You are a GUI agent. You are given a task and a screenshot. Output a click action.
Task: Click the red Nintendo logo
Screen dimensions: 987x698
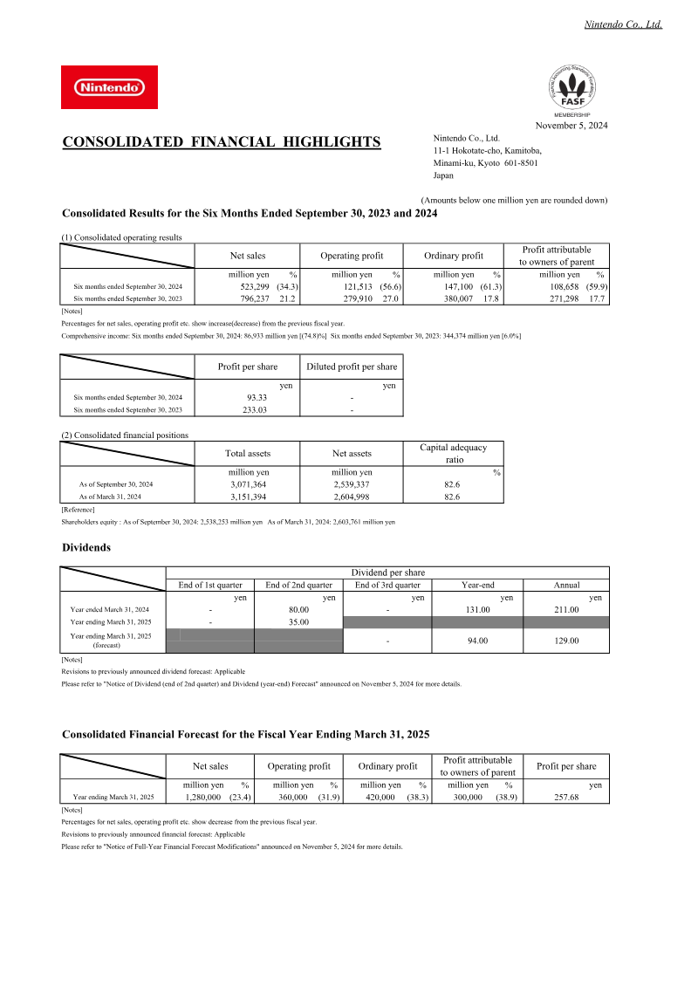109,87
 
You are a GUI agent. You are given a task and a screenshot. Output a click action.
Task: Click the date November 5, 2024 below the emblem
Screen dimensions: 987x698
571,126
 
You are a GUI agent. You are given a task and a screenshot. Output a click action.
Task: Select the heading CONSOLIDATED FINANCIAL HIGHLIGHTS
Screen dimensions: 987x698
222,142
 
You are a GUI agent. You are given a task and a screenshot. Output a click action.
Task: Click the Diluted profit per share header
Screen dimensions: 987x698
352,367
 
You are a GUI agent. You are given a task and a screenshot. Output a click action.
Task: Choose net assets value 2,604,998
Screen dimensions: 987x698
352,497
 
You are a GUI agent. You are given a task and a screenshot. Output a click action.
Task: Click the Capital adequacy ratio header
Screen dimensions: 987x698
454,453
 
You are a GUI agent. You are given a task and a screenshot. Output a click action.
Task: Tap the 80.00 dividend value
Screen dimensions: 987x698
298,609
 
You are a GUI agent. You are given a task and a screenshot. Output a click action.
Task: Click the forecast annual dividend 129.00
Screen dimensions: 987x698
566,641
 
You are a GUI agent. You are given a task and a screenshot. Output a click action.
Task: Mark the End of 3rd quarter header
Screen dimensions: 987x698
387,585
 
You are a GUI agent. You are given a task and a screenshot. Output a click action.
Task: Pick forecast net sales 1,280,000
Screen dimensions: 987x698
207,797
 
